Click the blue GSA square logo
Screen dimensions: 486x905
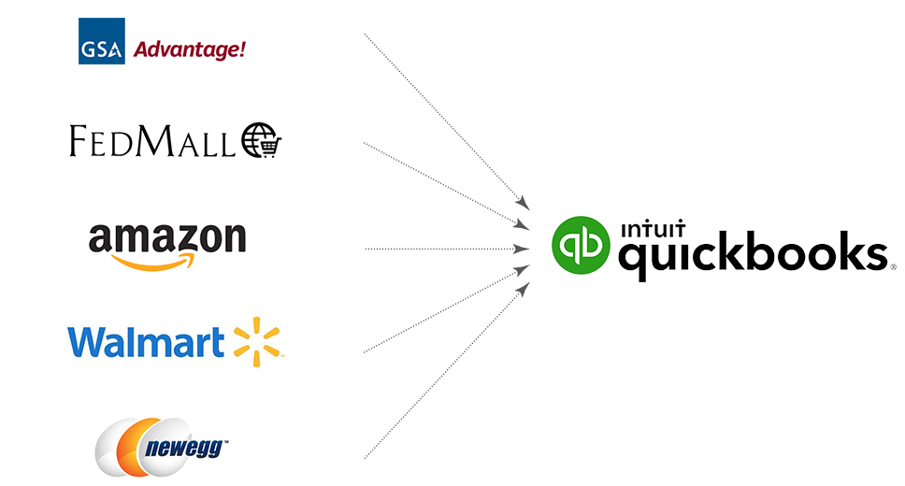pyautogui.click(x=101, y=41)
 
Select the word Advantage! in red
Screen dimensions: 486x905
pyautogui.click(x=190, y=48)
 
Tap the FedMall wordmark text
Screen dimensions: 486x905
pyautogui.click(x=152, y=142)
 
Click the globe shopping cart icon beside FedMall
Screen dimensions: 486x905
pyautogui.click(x=261, y=141)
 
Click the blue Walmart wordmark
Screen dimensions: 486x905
pyautogui.click(x=146, y=342)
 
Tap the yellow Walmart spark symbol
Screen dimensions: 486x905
pyautogui.click(x=256, y=341)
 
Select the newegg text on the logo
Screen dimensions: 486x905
pyautogui.click(x=181, y=447)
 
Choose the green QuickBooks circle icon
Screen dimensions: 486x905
pyautogui.click(x=579, y=246)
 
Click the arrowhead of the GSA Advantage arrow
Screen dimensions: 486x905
pyautogui.click(x=525, y=205)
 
